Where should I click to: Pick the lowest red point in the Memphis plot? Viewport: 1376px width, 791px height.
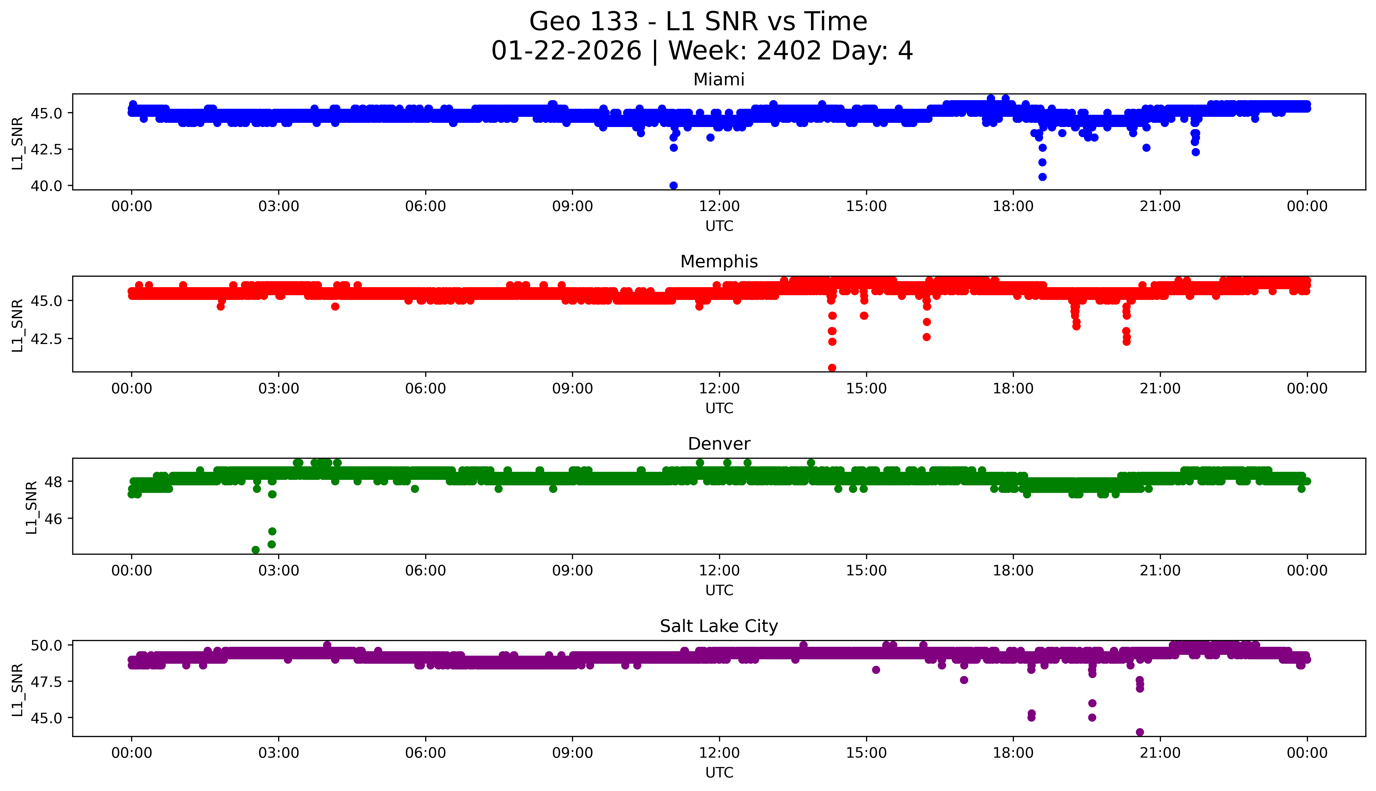pos(832,368)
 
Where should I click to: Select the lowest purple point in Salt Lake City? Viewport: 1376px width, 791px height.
pos(1140,732)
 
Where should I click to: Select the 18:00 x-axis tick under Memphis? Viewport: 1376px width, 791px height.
pos(1013,388)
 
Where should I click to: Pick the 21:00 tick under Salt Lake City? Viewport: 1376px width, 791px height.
pos(1160,753)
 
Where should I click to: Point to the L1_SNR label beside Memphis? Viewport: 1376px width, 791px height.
pos(18,325)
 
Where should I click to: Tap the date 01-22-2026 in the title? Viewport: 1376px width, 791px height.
pos(566,51)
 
